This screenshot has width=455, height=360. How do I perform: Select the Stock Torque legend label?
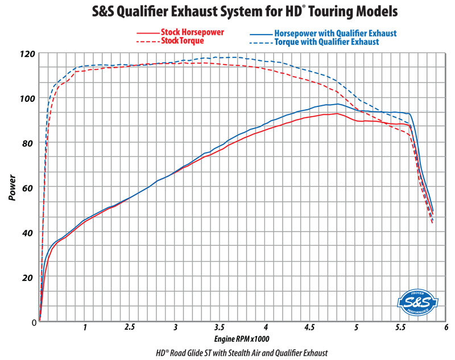pos(183,41)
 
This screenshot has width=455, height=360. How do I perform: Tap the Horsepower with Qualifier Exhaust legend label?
pos(335,34)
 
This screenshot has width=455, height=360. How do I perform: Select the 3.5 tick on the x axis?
pos(220,328)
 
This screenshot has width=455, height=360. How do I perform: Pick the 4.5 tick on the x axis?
pos(311,328)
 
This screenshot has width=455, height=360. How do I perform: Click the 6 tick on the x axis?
pos(446,328)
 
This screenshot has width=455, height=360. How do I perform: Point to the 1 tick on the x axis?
pos(85,328)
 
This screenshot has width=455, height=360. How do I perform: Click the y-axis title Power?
pos(13,188)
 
